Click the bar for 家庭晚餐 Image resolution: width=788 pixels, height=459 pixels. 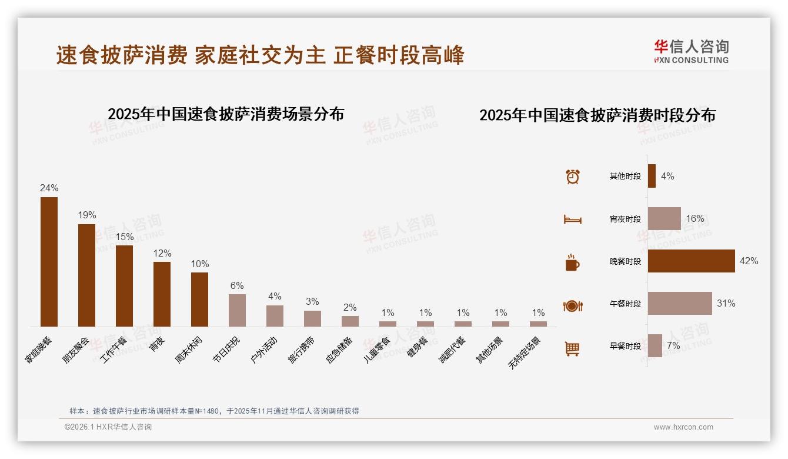click(x=49, y=262)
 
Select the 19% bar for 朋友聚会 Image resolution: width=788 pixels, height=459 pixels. click(x=86, y=275)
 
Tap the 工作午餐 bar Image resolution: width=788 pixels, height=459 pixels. click(x=124, y=286)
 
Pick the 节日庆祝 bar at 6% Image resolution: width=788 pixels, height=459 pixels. click(x=237, y=310)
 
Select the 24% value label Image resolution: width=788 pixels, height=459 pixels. click(x=49, y=188)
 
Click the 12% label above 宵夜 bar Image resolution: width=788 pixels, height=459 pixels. click(x=162, y=253)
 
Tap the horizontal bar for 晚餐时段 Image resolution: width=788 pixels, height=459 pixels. click(x=691, y=261)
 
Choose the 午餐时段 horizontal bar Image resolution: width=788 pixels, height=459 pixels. click(x=680, y=304)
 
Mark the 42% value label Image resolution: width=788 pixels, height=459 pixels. click(x=749, y=261)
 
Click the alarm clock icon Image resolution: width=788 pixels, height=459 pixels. click(x=572, y=177)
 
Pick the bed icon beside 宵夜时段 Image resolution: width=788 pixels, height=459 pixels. click(x=572, y=219)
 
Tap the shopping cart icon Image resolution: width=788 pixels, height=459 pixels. click(x=572, y=348)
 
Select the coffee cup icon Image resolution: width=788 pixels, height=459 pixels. click(x=572, y=262)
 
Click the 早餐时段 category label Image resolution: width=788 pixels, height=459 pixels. click(x=625, y=347)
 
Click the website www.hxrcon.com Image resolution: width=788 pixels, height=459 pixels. click(x=683, y=427)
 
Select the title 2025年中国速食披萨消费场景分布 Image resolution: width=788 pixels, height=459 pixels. click(x=226, y=114)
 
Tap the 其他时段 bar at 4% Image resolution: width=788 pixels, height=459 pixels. click(x=652, y=176)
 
